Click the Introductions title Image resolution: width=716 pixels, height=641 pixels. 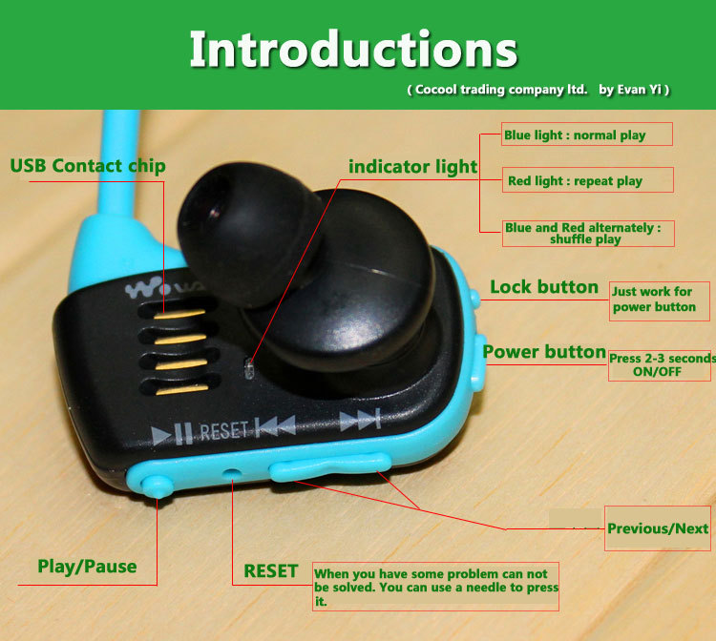coord(353,49)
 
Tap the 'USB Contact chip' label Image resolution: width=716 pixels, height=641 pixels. coord(88,166)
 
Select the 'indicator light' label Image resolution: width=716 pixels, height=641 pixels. coord(412,167)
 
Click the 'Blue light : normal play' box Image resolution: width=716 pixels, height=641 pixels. coord(587,134)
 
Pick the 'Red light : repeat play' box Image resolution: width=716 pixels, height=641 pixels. coord(588,179)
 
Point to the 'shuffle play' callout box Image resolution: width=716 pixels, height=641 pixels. coord(588,233)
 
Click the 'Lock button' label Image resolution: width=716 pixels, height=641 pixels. coord(544,287)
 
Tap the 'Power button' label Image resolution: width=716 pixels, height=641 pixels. coord(544,352)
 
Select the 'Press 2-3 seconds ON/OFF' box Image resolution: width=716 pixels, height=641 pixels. coord(660,365)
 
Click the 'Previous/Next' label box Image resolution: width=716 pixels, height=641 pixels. coord(658,528)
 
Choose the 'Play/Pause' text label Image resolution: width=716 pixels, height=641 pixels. coord(87,567)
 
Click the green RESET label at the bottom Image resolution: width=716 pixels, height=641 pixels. coord(271,571)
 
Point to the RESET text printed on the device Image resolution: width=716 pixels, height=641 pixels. coord(223,431)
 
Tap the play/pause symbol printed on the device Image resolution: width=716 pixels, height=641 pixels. coord(172,434)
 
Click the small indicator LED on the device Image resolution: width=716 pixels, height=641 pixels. coord(249,368)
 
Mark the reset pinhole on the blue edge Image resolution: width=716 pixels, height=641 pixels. coord(233,473)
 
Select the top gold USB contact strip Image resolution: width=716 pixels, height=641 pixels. coord(179,315)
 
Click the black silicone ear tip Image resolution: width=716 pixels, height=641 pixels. coord(249,233)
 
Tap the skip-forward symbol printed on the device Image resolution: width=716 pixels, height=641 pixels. coord(361,420)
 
